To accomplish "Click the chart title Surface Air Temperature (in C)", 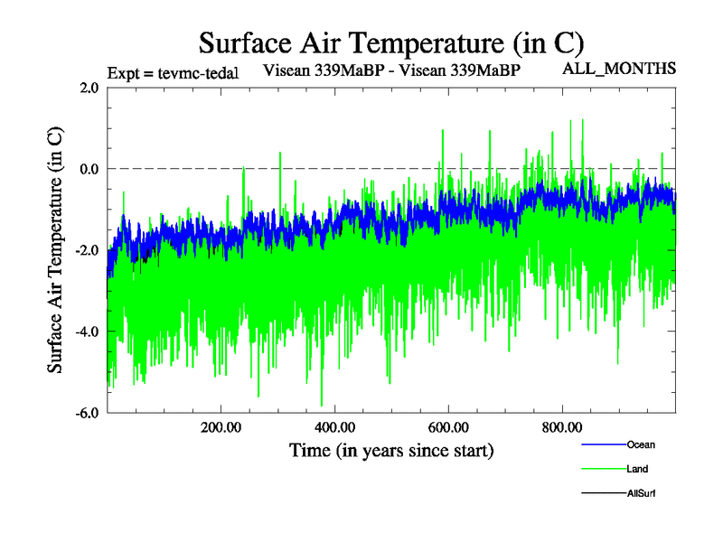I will tap(390, 42).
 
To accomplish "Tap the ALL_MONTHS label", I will tap(620, 68).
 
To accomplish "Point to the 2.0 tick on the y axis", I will tap(89, 88).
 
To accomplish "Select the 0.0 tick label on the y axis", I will tap(89, 169).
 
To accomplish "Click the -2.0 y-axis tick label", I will tap(87, 250).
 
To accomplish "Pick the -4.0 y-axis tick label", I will tap(87, 332).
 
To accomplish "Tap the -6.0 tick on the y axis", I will tap(87, 413).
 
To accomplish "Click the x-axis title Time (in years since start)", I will tap(391, 449).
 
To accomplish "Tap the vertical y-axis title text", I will tap(55, 249).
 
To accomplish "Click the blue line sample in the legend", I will tap(602, 444).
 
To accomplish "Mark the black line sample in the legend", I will tap(602, 493).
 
